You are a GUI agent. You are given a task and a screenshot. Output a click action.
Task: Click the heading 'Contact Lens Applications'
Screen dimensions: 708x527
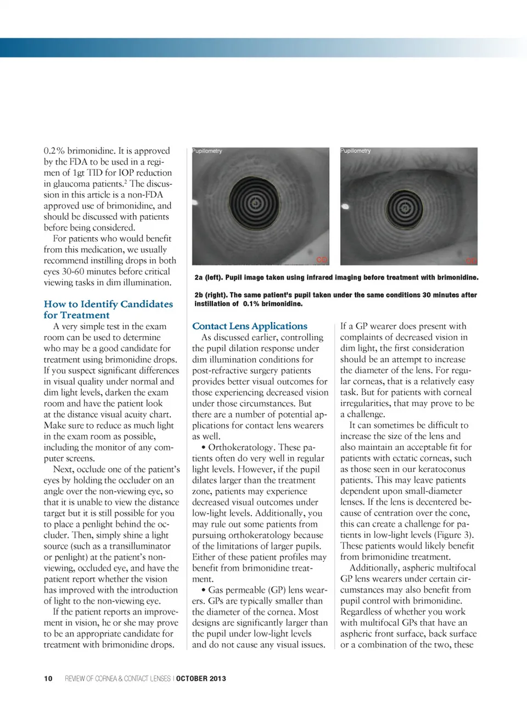coord(249,326)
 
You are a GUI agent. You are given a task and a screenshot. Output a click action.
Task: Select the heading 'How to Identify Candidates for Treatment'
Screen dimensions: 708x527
coord(108,310)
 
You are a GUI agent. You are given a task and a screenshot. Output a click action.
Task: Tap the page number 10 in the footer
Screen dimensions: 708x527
coord(48,678)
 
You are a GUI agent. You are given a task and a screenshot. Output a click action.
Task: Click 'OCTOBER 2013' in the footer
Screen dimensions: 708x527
coord(201,678)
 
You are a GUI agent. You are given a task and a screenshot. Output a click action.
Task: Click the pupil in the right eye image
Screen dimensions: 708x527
coord(405,208)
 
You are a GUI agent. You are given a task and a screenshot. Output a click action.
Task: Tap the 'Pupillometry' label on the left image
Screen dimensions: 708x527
coord(208,151)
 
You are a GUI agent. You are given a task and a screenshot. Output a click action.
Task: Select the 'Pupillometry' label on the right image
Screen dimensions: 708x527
coord(356,151)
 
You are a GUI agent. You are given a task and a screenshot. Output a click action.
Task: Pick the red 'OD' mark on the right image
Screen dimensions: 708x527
coord(471,261)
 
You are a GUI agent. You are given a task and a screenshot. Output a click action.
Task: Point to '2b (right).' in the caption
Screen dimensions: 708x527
coord(211,295)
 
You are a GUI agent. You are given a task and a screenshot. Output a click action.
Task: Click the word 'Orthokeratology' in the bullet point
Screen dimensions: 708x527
coord(240,447)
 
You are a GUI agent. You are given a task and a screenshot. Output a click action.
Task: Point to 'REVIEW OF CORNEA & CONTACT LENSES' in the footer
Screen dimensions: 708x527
coord(117,678)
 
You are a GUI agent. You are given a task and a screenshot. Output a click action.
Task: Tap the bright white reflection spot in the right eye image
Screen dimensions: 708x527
coord(346,206)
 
